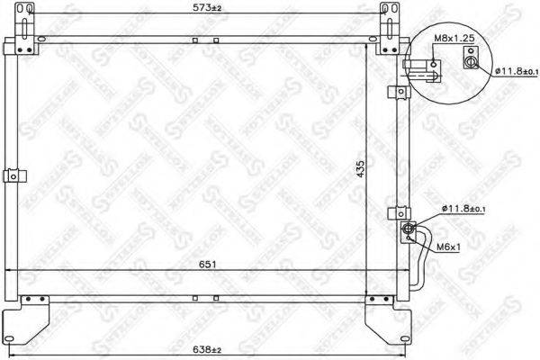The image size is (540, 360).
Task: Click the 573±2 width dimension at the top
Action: point(207,9)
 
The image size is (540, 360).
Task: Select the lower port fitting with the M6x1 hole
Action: point(409,230)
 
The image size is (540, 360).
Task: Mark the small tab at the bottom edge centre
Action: point(194,298)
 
